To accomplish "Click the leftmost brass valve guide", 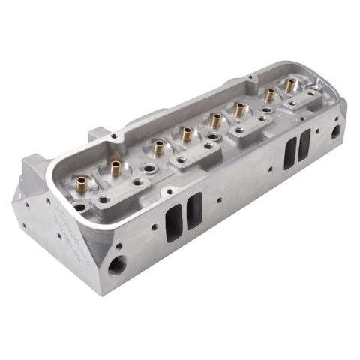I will (80, 182).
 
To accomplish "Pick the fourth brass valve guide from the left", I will (186, 136).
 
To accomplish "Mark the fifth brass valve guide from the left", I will (217, 121).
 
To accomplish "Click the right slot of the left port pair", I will (194, 210).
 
